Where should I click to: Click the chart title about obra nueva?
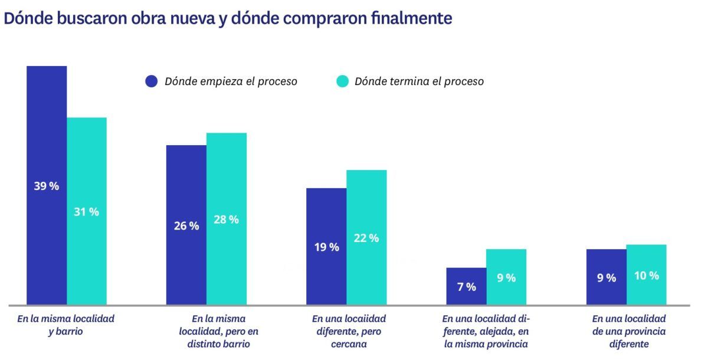228,18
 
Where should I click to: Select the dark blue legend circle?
152,81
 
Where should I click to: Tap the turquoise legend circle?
342,81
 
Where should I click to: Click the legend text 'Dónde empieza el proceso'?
231,81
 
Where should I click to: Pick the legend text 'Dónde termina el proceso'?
419,81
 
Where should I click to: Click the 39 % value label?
47,186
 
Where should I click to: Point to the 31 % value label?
86,212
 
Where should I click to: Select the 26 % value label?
186,226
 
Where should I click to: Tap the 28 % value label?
226,220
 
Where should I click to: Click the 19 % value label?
326,247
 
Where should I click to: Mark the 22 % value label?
366,238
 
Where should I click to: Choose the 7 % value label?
466,287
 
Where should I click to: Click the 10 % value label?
646,276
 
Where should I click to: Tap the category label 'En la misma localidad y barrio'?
65,325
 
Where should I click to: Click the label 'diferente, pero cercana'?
349,331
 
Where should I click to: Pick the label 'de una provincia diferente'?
628,331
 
